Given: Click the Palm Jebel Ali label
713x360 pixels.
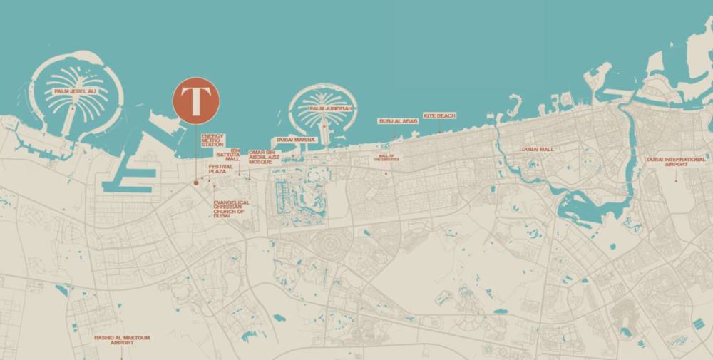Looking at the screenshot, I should (76, 92).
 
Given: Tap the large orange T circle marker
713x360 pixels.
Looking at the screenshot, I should (196, 101).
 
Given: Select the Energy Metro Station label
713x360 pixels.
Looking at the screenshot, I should (212, 140).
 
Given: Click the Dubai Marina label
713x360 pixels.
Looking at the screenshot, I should (295, 140).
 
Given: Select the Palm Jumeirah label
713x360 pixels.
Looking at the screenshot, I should (324, 108).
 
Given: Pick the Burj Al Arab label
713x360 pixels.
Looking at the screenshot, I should (398, 121).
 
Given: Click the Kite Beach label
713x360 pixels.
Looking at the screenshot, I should (439, 115).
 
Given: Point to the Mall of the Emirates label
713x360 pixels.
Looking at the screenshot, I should (386, 158).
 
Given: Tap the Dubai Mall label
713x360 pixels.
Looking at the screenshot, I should (538, 149).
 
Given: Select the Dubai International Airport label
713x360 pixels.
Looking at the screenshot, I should (676, 161).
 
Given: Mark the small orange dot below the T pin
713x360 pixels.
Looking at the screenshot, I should (195, 183).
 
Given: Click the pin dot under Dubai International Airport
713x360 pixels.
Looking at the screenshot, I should (676, 181).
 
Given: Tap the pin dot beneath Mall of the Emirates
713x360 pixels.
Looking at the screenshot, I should (386, 173).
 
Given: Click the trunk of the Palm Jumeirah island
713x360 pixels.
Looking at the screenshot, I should (324, 132).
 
